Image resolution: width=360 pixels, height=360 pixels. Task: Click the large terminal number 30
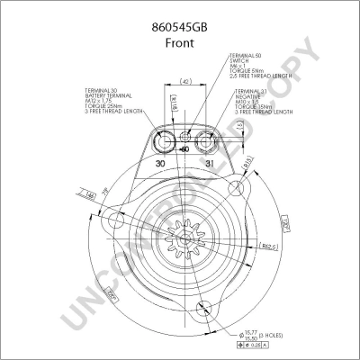tap(160, 164)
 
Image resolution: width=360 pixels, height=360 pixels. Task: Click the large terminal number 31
tap(208, 164)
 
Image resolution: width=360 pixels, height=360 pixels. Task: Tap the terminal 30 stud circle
tap(164, 141)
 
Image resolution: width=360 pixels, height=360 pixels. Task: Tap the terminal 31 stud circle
tap(206, 141)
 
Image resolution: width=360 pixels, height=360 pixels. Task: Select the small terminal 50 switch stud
tap(185, 137)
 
